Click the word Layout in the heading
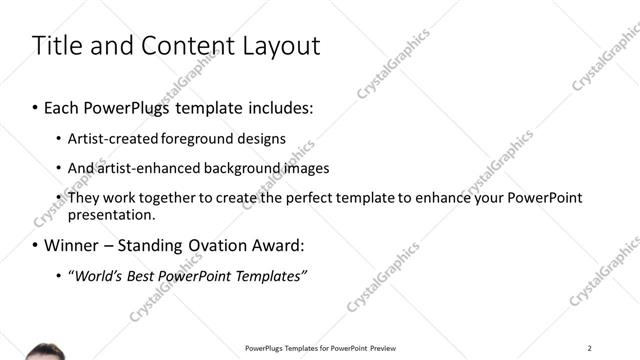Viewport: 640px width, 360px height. click(x=284, y=46)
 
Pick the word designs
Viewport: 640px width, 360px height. click(x=262, y=138)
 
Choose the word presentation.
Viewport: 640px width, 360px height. click(x=111, y=214)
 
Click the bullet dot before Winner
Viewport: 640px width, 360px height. click(x=36, y=245)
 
